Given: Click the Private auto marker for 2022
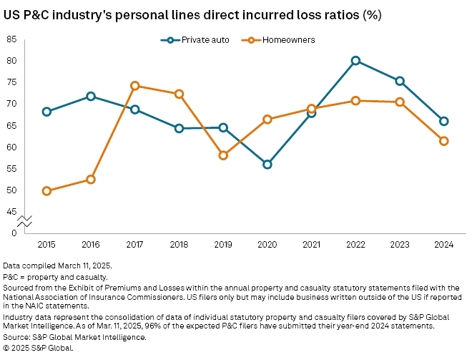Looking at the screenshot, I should point(355,61).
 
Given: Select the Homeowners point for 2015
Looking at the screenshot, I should point(46,191).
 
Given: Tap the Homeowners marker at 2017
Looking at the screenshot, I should point(135,86).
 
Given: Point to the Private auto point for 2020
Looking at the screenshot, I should point(267,165).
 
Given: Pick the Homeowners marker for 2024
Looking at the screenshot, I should point(444,141).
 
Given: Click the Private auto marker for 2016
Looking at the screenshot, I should point(91,96).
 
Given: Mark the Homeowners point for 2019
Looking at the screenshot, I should point(223,155).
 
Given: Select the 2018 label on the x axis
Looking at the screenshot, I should point(179,245).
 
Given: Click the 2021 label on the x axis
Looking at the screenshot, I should point(311,245).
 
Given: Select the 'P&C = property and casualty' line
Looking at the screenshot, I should point(56,276).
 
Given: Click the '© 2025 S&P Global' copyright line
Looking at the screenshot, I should point(39,347).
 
